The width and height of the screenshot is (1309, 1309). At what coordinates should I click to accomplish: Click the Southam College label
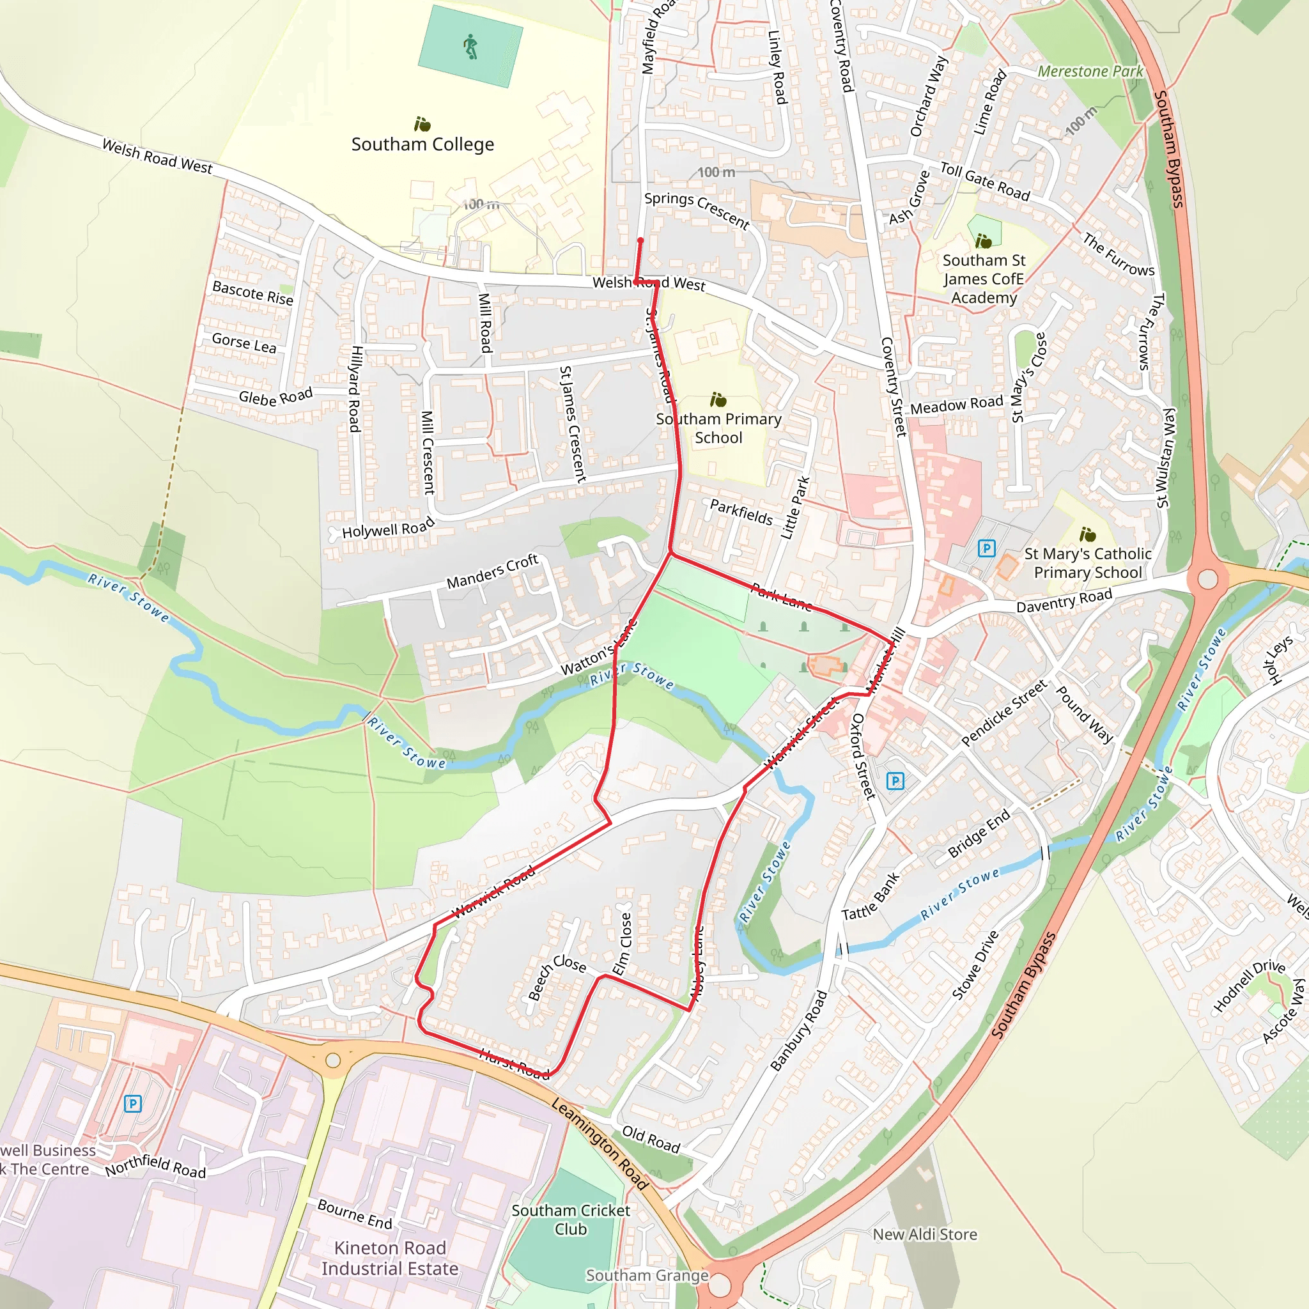coord(422,144)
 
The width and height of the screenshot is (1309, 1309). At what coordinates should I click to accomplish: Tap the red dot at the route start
coord(640,240)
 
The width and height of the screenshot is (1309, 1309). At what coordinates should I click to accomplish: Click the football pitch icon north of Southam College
coord(470,47)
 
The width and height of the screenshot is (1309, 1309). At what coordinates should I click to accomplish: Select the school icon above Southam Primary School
coord(718,399)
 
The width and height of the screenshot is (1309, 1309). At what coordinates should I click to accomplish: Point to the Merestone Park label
coord(1090,71)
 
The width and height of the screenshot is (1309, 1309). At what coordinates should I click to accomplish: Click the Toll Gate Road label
coord(984,181)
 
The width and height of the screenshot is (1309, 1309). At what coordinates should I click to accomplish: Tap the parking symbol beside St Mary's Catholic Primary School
coord(986,548)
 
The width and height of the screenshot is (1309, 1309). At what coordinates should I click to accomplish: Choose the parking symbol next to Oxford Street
coord(895,780)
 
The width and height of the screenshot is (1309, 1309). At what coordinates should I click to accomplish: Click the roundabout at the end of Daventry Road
coord(1207,579)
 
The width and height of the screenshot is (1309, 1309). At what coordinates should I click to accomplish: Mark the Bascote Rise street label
coord(252,293)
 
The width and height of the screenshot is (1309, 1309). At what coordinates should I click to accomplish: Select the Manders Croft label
coord(492,572)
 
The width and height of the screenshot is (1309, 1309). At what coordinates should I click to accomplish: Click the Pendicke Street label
coord(1004,713)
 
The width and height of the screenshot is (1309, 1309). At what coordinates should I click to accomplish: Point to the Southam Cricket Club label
coord(571,1220)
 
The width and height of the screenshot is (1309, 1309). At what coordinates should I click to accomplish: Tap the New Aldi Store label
coord(925,1234)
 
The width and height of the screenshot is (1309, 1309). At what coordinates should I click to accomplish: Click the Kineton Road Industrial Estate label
coord(390,1258)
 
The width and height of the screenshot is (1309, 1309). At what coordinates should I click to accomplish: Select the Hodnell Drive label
coord(1249,986)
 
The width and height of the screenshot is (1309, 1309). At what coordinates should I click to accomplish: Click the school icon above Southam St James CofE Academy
coord(983,240)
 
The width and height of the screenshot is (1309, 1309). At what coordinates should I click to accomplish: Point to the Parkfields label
coord(741,511)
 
